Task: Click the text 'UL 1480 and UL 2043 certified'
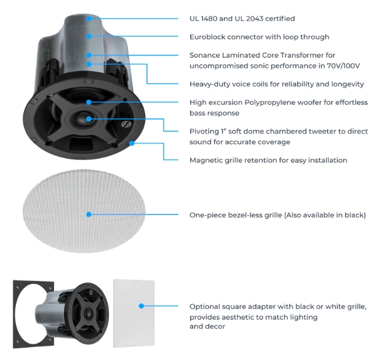(242, 19)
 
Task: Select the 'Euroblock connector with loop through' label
(259, 37)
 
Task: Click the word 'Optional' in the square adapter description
(204, 307)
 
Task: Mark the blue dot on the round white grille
(89, 215)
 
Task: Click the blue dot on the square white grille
(141, 306)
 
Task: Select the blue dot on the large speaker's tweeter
(89, 119)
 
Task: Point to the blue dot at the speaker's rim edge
(132, 143)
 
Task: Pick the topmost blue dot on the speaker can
(89, 19)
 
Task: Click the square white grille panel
(134, 313)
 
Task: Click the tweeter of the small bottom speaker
(88, 314)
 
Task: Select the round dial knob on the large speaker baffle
(127, 124)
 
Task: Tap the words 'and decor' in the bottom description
(208, 327)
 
